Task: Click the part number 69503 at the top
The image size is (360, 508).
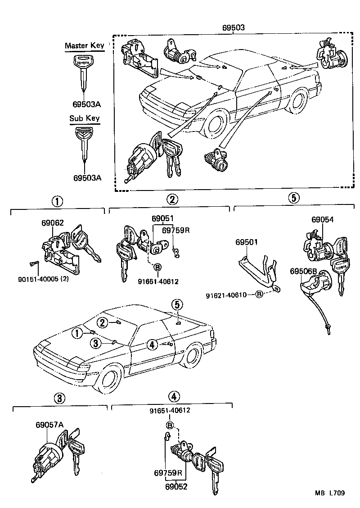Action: coord(233,27)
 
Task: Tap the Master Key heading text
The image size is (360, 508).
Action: coord(84,45)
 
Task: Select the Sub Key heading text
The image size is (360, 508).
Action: coord(84,118)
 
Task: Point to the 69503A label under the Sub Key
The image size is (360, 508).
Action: coord(87,177)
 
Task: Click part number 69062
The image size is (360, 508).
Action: coord(53,222)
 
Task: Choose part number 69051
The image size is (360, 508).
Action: coord(162,218)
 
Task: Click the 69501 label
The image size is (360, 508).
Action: coord(247,242)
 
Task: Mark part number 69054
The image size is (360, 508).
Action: coord(323,219)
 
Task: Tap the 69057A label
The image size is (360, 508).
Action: coord(49,425)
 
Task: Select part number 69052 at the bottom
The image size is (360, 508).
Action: coord(176,487)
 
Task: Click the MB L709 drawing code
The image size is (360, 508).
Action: coord(330,493)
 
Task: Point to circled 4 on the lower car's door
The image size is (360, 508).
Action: coord(152,345)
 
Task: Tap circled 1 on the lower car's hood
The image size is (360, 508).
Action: coord(77,333)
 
